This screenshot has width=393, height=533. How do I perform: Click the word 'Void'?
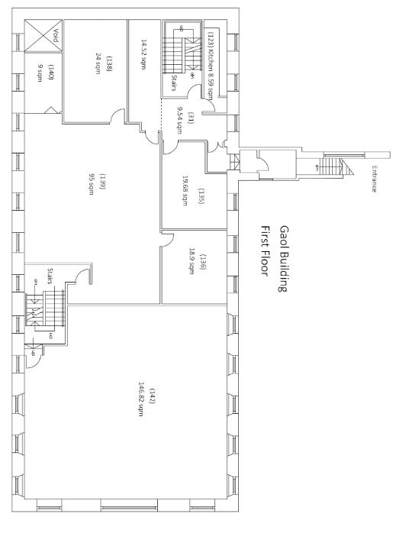pos(56,35)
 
